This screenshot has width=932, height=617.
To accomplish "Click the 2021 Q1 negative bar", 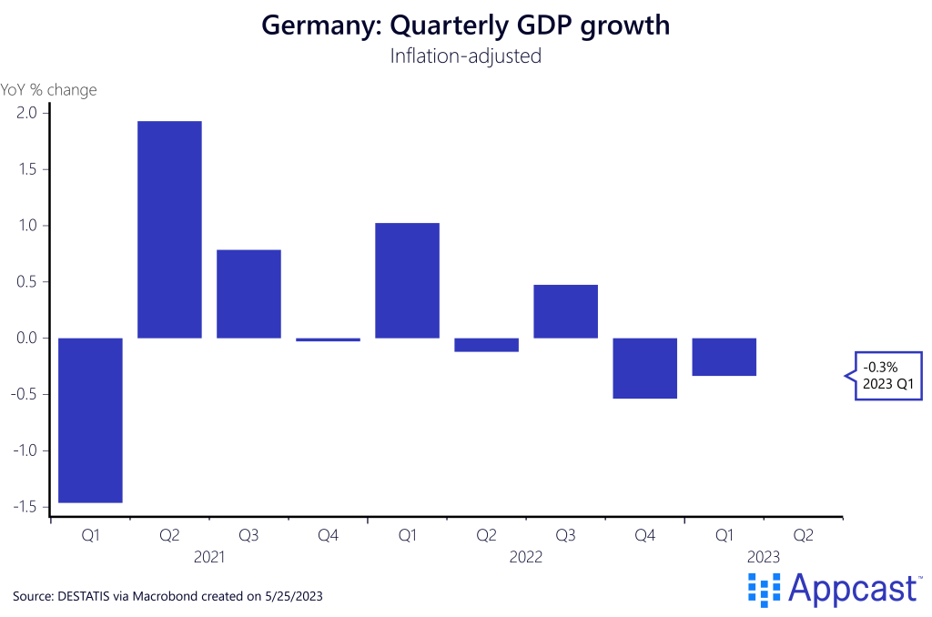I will pos(90,420).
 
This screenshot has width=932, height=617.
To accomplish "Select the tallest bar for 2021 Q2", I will pos(169,229).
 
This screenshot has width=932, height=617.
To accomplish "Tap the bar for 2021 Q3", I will pos(248,293).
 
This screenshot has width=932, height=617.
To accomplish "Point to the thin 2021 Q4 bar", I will pos(328,339).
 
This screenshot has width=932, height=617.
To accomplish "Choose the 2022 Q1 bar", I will pos(408,280).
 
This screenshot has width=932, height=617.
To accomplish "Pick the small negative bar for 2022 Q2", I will pos(487,345).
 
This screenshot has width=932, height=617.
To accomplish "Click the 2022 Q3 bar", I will pos(566,311).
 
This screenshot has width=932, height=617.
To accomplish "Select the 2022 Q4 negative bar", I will pos(645,368).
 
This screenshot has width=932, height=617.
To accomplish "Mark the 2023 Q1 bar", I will pos(724,357).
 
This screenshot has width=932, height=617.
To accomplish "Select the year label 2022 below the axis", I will pos(526,557).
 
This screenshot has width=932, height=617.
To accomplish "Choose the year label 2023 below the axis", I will pos(764,557).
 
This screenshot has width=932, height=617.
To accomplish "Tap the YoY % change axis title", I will pos(49,90).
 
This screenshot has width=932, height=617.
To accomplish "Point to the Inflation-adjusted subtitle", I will pos(465,56).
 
